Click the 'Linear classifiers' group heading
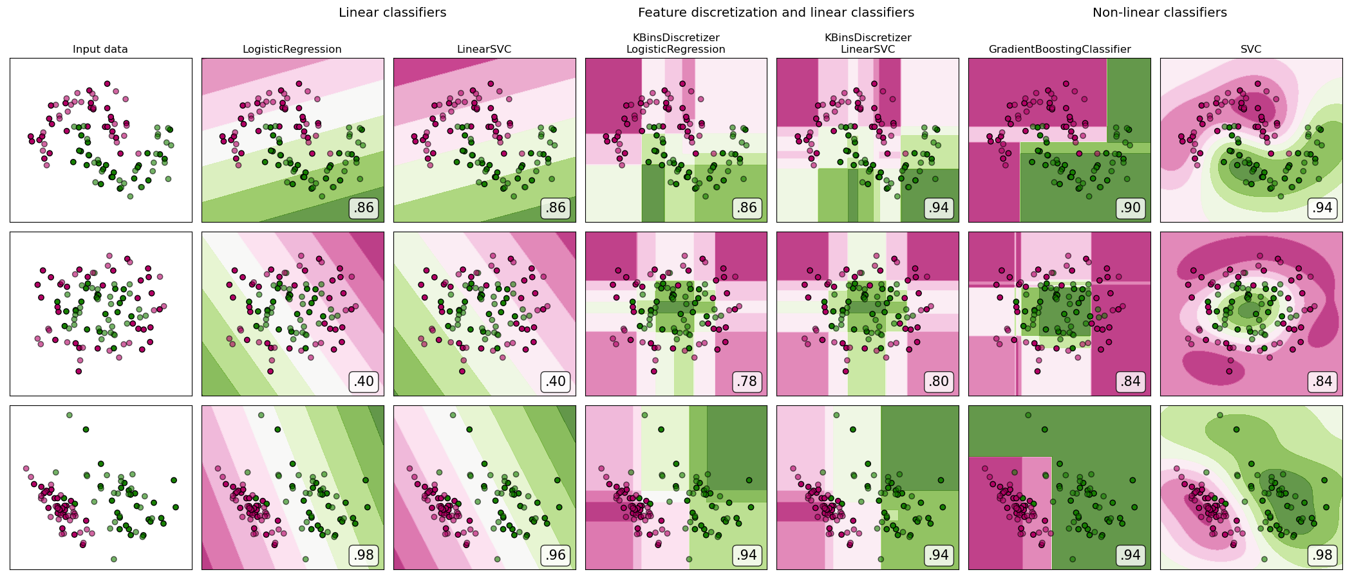pos(392,13)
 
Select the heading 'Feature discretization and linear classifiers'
pos(776,13)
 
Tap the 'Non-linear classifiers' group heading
pos(1160,13)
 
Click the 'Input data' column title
pos(100,50)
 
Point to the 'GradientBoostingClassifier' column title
pos(1060,50)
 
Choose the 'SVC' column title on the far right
pos(1251,50)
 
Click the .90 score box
pos(1131,208)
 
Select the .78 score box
pos(747,381)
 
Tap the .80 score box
pos(939,381)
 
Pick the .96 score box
pos(556,555)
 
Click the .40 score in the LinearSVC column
pos(556,381)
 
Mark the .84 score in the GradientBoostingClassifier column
pos(1131,381)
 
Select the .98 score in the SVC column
pos(1322,555)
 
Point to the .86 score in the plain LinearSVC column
pos(556,208)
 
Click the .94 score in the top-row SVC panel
pos(1322,208)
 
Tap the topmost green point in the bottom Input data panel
pos(70,415)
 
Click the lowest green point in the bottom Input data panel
pos(114,559)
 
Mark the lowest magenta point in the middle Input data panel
pos(79,371)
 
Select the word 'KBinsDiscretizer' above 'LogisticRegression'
pos(676,38)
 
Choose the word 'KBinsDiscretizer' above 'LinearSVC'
pos(868,38)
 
